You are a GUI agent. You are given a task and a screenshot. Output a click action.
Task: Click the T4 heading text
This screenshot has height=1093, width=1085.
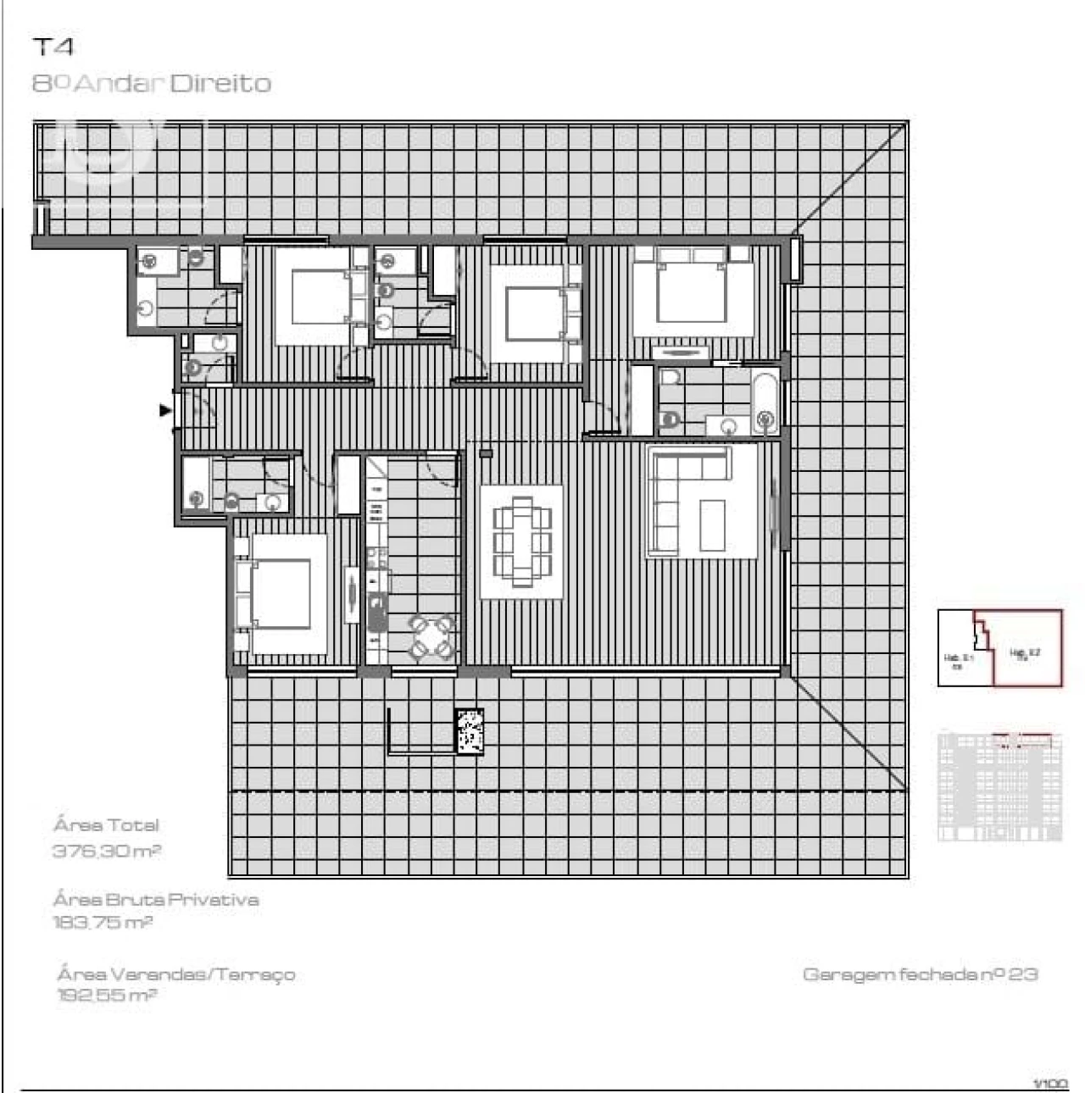pyautogui.click(x=53, y=47)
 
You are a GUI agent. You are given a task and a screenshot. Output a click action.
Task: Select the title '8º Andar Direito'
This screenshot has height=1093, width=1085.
pyautogui.click(x=152, y=83)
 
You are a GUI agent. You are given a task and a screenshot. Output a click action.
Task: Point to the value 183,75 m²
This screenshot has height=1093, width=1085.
pyautogui.click(x=103, y=922)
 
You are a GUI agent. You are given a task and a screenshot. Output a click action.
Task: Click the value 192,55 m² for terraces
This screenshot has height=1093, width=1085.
pyautogui.click(x=107, y=995)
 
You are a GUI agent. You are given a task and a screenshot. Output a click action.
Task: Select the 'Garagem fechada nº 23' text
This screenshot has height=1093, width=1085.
pyautogui.click(x=920, y=974)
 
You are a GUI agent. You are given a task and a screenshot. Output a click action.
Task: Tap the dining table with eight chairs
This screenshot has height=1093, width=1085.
pyautogui.click(x=521, y=542)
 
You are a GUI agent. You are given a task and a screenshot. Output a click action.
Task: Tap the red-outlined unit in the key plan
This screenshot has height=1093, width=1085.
pyautogui.click(x=1026, y=648)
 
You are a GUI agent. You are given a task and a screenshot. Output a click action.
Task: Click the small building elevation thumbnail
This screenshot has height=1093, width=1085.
pyautogui.click(x=1000, y=785)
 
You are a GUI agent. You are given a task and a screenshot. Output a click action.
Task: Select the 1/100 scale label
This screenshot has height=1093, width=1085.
pyautogui.click(x=1051, y=1083)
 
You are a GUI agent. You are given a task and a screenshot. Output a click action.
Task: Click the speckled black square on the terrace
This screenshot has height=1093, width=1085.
pyautogui.click(x=469, y=730)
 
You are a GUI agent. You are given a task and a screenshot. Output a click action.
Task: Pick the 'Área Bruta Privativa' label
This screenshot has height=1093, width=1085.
pyautogui.click(x=156, y=900)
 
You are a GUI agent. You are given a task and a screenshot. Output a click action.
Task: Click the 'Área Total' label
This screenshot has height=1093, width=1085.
pyautogui.click(x=106, y=824)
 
